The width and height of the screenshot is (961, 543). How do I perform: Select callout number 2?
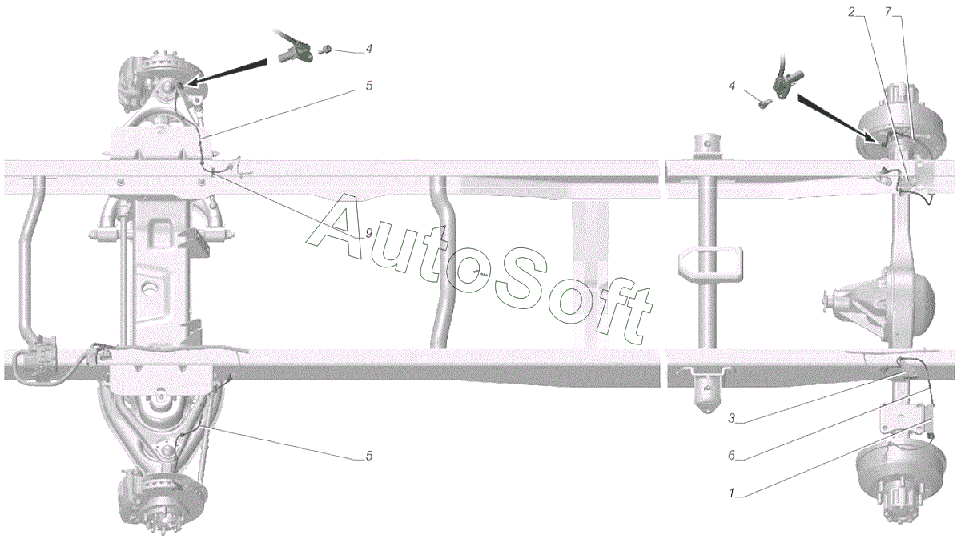pos(852,12)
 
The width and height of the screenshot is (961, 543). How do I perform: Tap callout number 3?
pos(731,417)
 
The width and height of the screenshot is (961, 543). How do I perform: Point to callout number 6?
pos(732,456)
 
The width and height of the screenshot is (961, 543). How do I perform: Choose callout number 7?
pos(888,12)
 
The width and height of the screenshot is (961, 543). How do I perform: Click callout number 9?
pos(368,233)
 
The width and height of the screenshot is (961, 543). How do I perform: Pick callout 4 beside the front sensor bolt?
pos(368,49)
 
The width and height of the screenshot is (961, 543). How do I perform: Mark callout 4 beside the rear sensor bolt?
pos(732,85)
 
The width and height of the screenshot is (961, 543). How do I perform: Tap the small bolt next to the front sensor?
pos(326,50)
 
